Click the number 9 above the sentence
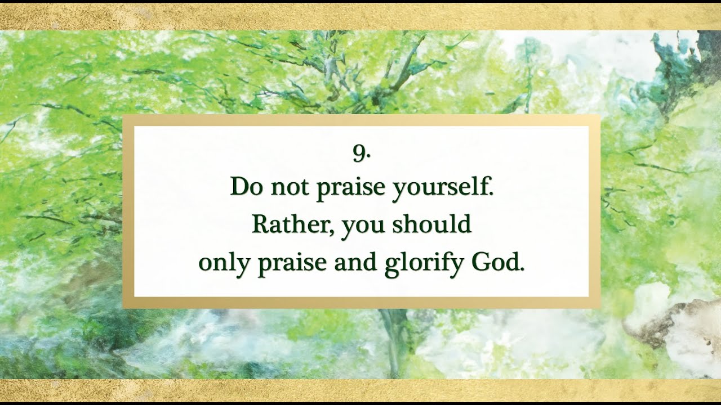[360, 153]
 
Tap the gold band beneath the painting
[360, 390]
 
